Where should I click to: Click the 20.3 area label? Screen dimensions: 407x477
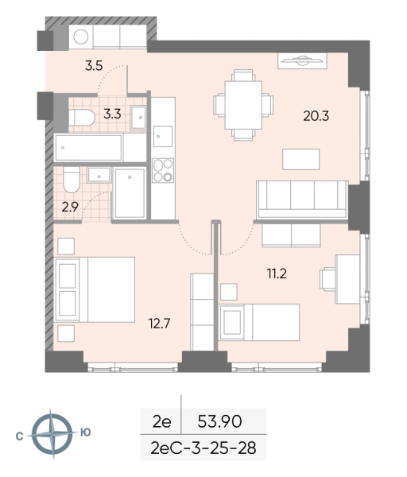pos(316,116)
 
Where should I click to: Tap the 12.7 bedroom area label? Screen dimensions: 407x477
pos(159,324)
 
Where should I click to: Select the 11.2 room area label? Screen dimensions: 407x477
pos(277,273)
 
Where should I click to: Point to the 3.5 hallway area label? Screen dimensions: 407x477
pos(94,66)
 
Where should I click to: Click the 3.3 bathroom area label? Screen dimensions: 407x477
pos(112,114)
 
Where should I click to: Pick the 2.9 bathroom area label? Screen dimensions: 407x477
pos(70,207)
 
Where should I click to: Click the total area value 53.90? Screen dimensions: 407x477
pos(219,421)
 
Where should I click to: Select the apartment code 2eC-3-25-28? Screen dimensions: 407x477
pos(203,448)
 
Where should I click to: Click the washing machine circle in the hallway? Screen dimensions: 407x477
pos(81,37)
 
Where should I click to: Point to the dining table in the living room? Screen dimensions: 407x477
pos(243,105)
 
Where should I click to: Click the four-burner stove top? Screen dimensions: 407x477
pos(163,170)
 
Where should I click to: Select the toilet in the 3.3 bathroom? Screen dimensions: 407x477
pos(82,118)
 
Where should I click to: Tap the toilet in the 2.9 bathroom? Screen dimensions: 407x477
pos(72,180)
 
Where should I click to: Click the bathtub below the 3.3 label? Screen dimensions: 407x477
pos(88,148)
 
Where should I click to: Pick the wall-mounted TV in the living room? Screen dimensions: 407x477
pos(302,61)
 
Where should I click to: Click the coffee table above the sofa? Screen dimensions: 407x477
pos(300,159)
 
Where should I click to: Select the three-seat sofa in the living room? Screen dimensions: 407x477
pos(302,200)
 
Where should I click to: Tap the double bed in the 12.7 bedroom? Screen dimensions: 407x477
pos(95,289)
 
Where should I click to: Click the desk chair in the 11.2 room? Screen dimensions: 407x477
pos(328,278)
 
